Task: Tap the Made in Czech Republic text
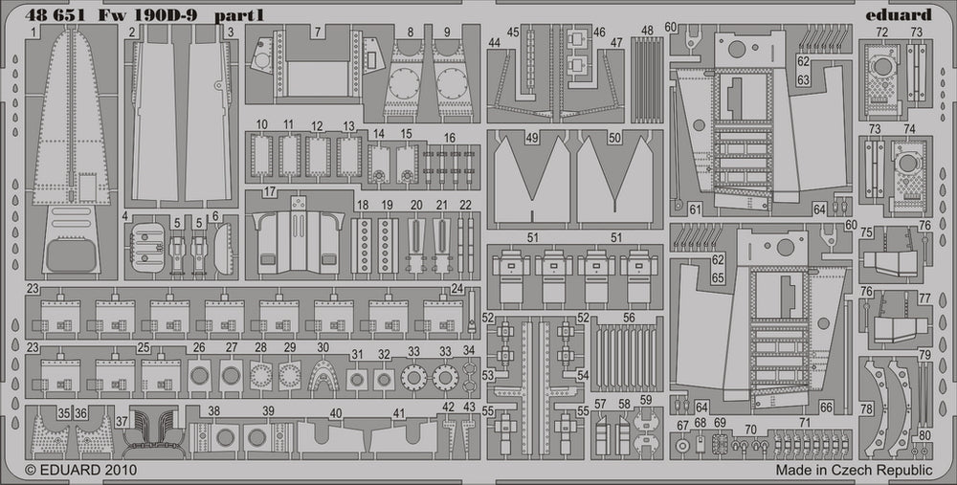854,470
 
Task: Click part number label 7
317,32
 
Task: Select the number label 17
270,191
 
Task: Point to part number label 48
648,32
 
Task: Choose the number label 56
629,318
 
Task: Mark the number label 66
825,406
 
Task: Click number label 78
866,408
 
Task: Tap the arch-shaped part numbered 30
323,375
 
